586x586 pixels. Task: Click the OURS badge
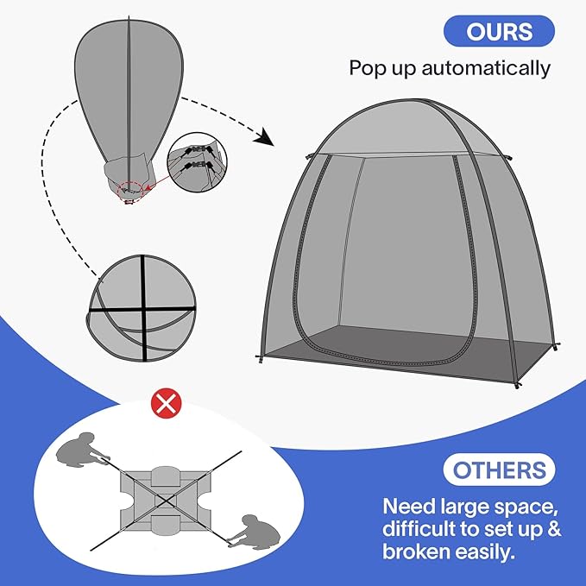(498, 31)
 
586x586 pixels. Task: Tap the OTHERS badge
(500, 470)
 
